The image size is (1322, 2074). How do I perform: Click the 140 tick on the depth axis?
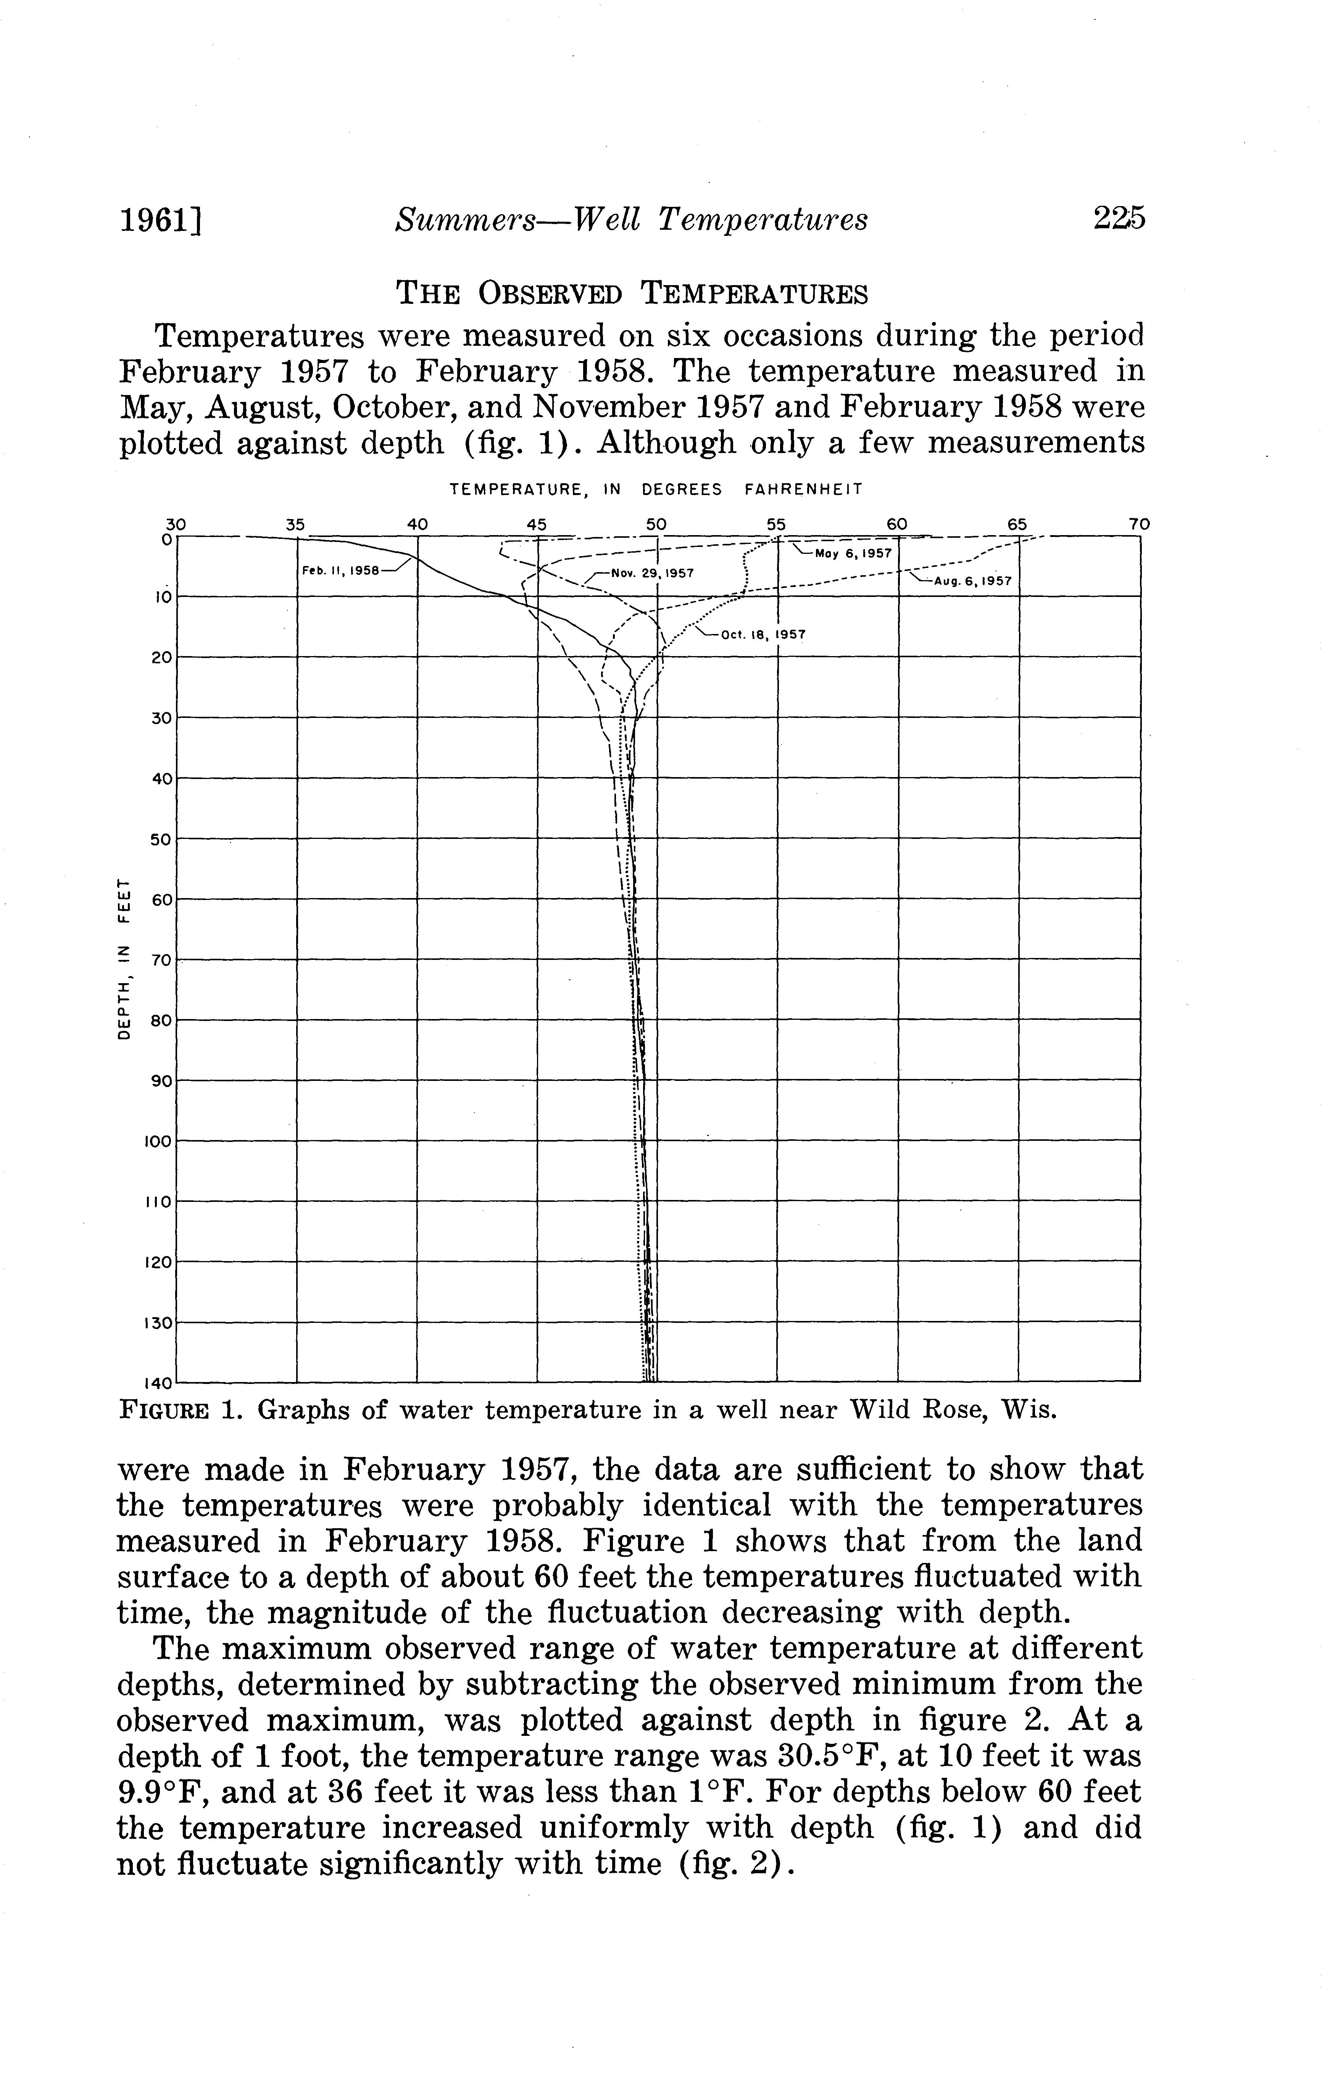[x=159, y=1383]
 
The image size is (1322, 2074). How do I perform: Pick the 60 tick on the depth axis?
[x=162, y=899]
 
